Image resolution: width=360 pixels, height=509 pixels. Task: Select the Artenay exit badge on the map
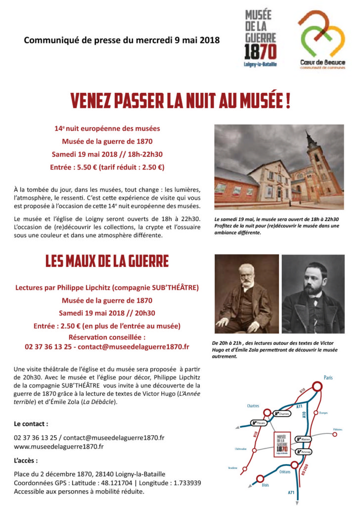304,451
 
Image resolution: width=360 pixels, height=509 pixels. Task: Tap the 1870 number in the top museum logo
260,51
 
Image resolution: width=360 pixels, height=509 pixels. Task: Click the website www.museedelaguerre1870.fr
59,447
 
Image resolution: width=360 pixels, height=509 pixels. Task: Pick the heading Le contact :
31,424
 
